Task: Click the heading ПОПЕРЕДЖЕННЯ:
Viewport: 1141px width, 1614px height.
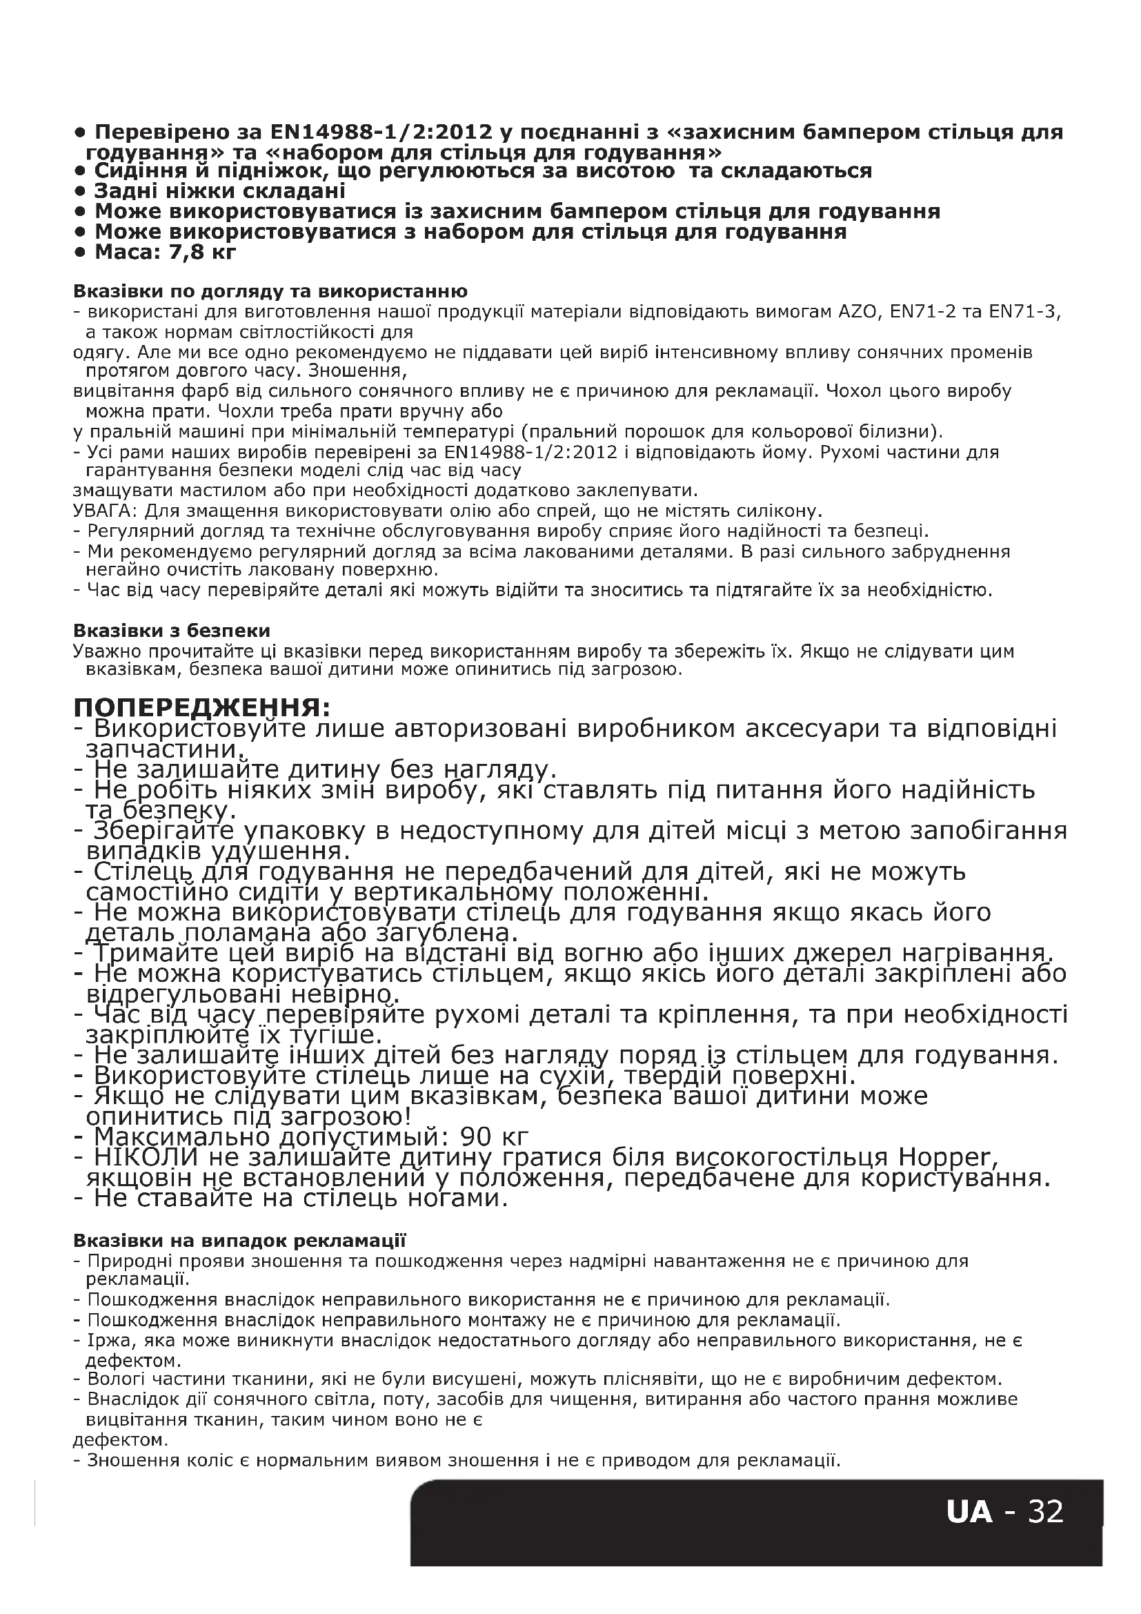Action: point(201,707)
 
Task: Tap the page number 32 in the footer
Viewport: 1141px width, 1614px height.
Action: point(1045,1510)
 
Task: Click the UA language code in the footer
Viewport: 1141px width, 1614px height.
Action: point(969,1510)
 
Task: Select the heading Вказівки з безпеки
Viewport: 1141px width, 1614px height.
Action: point(172,631)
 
